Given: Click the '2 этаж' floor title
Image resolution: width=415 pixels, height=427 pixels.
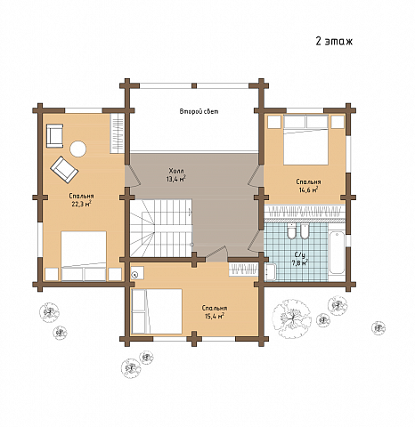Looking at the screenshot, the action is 334,41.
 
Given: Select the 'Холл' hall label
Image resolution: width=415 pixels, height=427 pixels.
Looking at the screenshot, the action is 176,171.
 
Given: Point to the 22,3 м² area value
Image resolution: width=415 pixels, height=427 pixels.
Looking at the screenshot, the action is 81,204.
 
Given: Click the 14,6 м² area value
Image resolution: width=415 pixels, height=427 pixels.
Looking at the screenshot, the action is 308,189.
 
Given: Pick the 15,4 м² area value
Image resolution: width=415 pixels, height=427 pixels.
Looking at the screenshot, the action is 215,316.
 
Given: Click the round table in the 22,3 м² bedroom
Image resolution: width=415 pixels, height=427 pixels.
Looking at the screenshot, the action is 78,149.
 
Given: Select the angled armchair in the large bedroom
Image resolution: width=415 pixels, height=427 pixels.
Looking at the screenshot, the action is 64,169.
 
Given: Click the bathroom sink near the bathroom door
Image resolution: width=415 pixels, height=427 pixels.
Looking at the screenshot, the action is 271,272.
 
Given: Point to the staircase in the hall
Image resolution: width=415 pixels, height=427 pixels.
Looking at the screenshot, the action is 161,228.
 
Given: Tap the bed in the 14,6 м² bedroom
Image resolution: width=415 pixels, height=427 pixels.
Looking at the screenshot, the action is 305,140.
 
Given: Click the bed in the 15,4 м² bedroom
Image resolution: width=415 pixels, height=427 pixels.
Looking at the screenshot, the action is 157,311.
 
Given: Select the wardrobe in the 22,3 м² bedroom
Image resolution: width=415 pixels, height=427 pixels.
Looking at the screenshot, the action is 118,133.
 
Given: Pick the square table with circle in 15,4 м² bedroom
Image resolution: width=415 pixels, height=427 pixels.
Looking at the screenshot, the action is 137,273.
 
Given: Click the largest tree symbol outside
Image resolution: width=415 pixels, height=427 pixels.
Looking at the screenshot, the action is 292,318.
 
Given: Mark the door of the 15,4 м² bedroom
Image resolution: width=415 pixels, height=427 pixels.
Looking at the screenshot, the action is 216,253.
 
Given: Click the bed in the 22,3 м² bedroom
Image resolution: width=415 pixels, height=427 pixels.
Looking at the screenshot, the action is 84,256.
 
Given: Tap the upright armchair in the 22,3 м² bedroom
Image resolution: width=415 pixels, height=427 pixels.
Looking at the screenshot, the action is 54,135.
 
